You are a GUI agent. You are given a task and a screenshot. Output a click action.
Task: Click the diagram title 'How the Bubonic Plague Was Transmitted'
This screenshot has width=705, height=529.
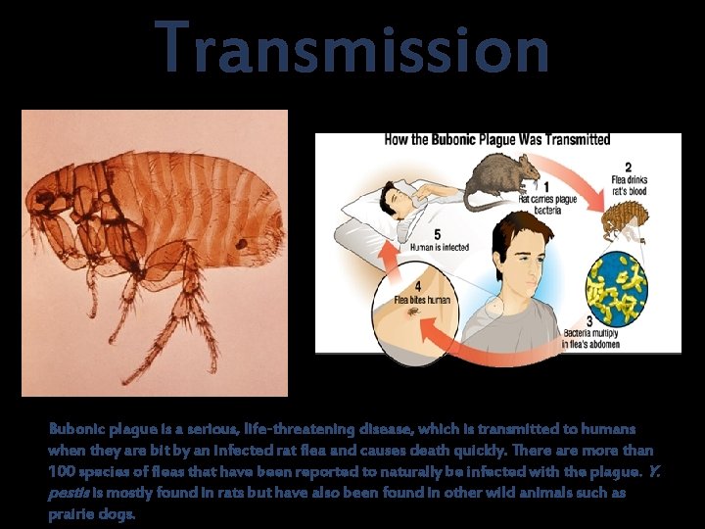point(496,140)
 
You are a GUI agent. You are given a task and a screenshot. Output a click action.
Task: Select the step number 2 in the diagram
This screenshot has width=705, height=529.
point(628,168)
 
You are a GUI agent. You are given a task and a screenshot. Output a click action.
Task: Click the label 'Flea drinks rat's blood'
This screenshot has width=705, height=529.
point(628,185)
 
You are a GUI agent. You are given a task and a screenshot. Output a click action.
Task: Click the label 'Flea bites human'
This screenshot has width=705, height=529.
point(422,300)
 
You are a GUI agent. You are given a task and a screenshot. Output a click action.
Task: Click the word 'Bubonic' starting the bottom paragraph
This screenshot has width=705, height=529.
point(76,430)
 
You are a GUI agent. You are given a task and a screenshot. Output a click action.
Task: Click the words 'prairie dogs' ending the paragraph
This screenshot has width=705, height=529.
point(92,514)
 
